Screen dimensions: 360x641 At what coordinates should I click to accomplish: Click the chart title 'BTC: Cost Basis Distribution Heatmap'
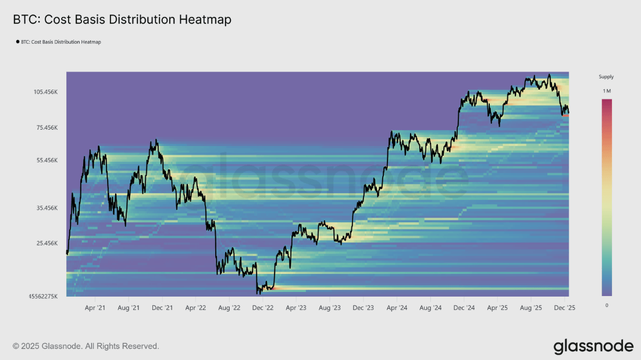(x=122, y=20)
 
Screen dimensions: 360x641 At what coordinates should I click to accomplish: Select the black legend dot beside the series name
(x=17, y=42)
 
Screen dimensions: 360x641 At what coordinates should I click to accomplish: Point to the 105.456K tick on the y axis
(x=46, y=92)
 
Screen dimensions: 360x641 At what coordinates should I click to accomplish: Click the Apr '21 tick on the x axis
(x=95, y=307)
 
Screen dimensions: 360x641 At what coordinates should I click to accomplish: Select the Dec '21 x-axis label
(x=162, y=307)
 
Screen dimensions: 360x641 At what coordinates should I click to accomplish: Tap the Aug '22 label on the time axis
(x=229, y=307)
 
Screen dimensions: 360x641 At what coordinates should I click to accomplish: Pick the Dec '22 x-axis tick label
(x=262, y=307)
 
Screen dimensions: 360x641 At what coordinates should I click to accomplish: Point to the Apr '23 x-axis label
(x=295, y=307)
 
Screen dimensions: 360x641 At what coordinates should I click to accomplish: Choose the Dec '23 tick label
(x=363, y=307)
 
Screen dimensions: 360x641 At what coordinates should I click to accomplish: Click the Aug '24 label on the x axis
(x=430, y=307)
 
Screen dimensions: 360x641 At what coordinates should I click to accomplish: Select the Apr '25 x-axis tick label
(x=497, y=307)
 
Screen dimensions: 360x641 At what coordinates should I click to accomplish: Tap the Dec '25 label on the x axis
(x=564, y=307)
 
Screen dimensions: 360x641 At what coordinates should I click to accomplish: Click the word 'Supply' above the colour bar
(x=606, y=77)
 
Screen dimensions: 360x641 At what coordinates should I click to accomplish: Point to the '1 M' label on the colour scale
(x=607, y=91)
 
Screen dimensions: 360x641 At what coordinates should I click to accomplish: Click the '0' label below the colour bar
(x=607, y=305)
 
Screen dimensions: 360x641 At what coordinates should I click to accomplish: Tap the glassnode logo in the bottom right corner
(x=593, y=347)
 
